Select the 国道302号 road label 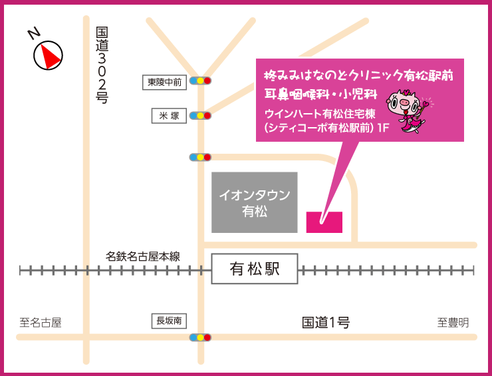[x=102, y=65]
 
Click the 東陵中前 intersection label [x=164, y=82]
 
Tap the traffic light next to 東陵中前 [x=200, y=81]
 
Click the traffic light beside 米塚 [x=200, y=115]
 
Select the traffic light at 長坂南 [x=200, y=337]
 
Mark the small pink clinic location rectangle [x=324, y=222]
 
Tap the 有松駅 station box [x=254, y=269]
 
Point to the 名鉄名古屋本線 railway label [x=143, y=256]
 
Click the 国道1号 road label [x=326, y=323]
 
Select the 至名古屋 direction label [x=40, y=323]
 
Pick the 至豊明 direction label [x=453, y=323]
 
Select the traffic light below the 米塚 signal [x=200, y=157]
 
